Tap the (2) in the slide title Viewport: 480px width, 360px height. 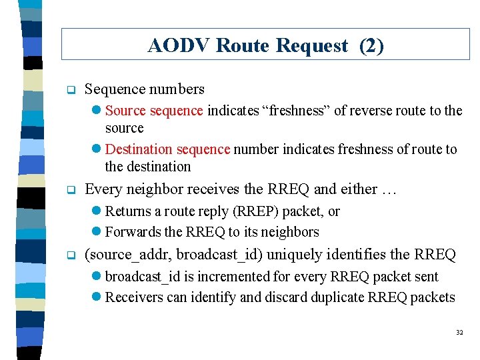[371, 46]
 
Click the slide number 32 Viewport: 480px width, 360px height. [459, 333]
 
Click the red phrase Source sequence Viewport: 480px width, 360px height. [154, 111]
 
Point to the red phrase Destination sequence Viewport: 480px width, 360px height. [167, 149]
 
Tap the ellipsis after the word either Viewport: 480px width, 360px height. [389, 190]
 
